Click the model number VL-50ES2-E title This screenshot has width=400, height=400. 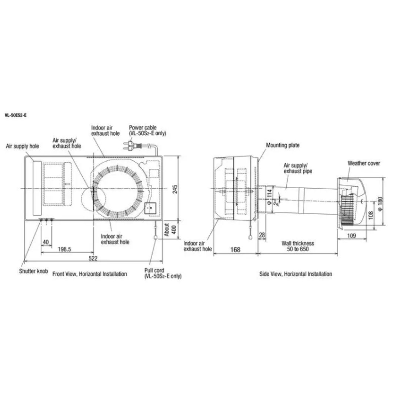tap(16, 115)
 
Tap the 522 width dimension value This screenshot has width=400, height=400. tap(93, 258)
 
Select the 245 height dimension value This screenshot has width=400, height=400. tap(175, 189)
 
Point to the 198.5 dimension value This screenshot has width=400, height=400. tap(64, 249)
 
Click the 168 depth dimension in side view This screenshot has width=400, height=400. tap(235, 250)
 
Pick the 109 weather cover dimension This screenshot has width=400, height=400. tap(351, 236)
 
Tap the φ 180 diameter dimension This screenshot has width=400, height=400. tap(380, 204)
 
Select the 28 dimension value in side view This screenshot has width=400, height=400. tap(262, 235)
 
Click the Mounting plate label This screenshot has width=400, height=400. tap(283, 145)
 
